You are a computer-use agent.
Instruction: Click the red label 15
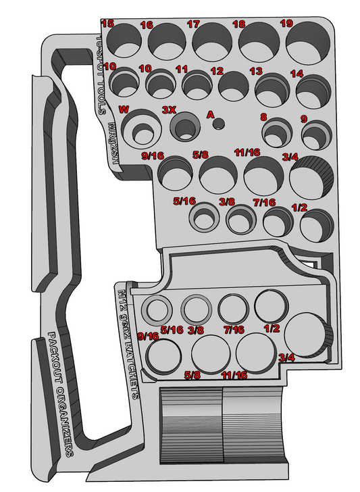point(107,24)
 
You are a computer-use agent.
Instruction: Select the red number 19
point(286,24)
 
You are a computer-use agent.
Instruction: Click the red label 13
point(256,71)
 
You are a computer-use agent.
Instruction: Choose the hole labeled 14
point(310,90)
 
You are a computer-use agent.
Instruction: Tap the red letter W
point(123,109)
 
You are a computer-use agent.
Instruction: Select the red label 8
point(263,117)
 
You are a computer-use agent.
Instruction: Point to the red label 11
point(181,69)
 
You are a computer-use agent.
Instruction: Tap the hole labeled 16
point(167,41)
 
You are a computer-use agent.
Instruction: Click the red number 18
point(238,24)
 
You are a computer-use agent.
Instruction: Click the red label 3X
point(169,109)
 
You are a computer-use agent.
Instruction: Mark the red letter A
point(210,114)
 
